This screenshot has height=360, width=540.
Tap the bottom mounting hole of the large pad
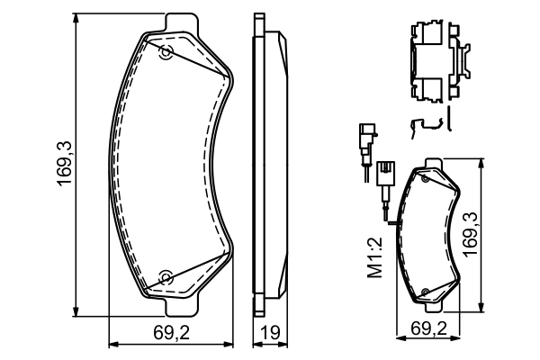pyautogui.click(x=165, y=276)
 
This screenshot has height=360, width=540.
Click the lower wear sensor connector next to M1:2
pyautogui.click(x=384, y=173)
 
